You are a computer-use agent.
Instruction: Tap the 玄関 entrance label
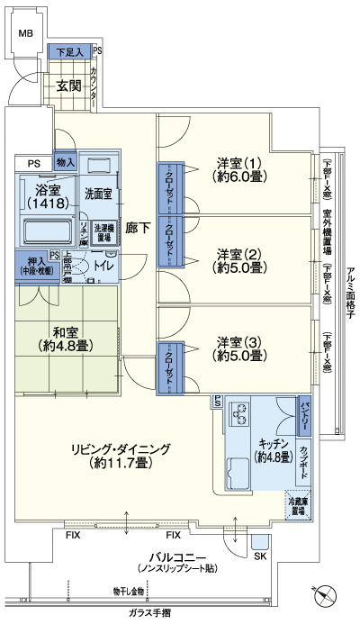[x=68, y=86]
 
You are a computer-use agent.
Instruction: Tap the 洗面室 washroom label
[x=98, y=193]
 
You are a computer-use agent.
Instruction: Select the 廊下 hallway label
[x=137, y=228]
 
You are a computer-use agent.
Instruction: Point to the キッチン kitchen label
[x=271, y=450]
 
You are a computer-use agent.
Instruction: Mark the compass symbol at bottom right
[x=325, y=596]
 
